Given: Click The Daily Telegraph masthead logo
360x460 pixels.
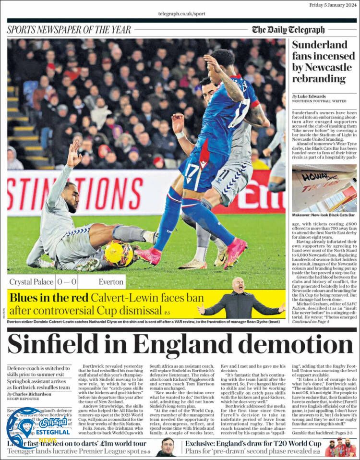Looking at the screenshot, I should [x=288, y=30].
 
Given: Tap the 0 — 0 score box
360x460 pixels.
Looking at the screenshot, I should [x=67, y=282].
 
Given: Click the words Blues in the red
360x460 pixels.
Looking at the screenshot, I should [x=49, y=298].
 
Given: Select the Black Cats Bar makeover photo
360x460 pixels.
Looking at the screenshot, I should [x=324, y=188].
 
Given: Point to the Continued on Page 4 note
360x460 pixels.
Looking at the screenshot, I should [x=311, y=321].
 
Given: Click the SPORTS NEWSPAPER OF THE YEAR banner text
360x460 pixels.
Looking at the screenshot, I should [x=69, y=30].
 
